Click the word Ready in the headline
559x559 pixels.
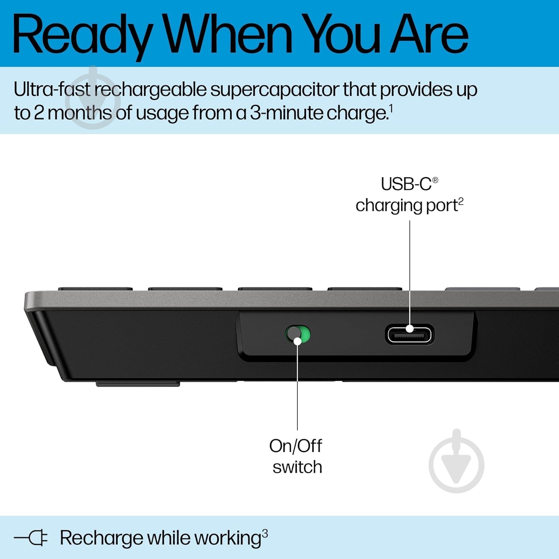82,35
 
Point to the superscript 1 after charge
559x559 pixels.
391,109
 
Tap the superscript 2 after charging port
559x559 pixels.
461,201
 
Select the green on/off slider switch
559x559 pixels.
297,334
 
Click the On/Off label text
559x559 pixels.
296,446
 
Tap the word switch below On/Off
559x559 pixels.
297,467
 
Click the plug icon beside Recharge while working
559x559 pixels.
31,538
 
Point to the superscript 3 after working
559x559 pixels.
265,534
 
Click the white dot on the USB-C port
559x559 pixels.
410,329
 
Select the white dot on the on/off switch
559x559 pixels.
297,341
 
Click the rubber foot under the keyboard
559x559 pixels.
138,384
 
